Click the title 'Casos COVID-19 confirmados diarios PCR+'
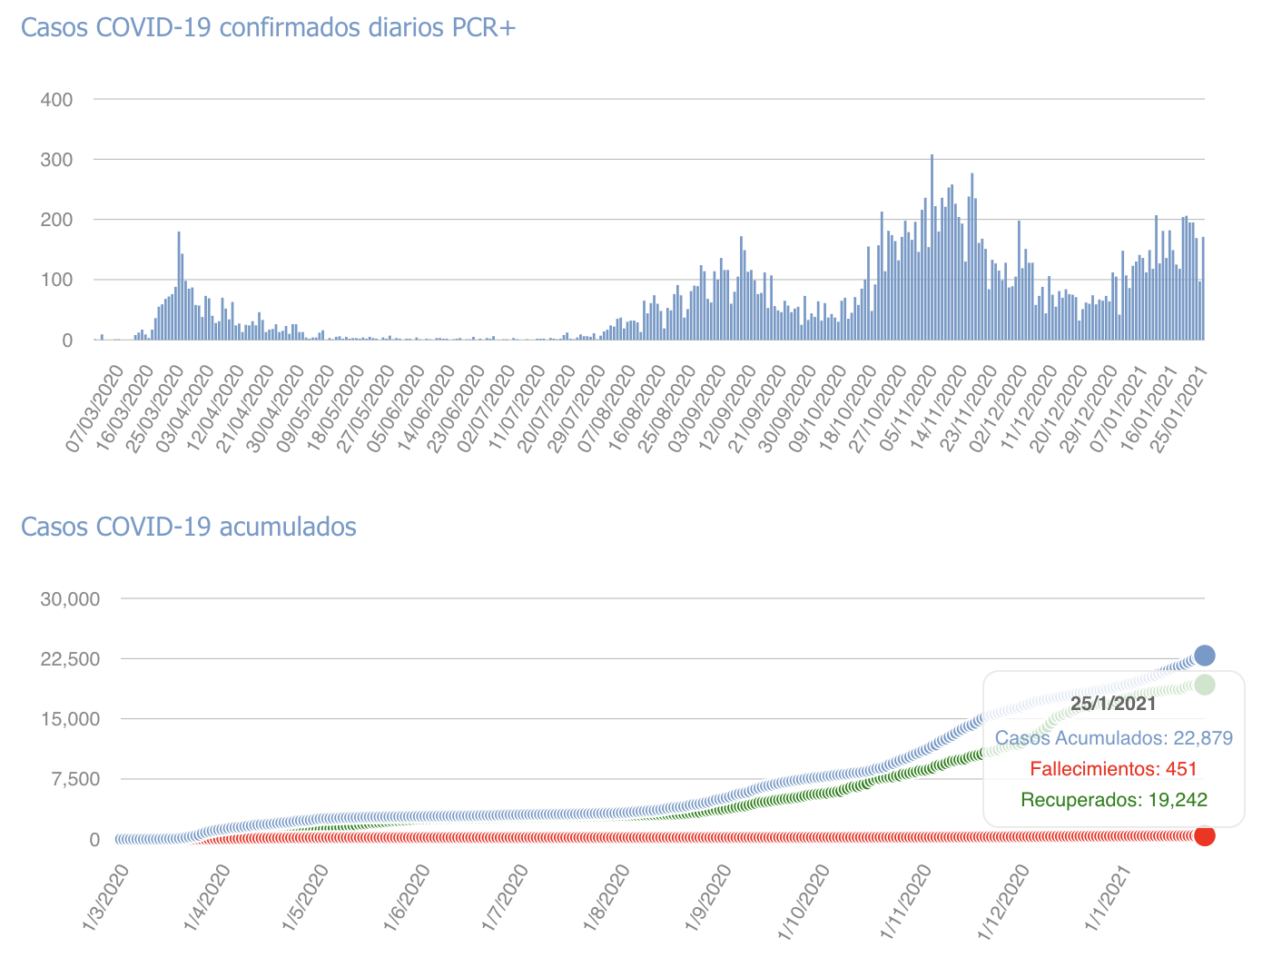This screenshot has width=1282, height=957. click(268, 27)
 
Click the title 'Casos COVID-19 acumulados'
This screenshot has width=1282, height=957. click(188, 527)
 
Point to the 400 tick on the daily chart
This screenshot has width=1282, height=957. click(57, 99)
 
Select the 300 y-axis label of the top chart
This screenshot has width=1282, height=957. click(57, 160)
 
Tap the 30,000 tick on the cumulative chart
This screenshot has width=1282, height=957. click(70, 598)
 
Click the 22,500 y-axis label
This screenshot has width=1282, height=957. click(70, 658)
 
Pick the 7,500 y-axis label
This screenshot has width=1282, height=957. click(74, 779)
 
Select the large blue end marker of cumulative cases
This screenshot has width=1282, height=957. click(1204, 656)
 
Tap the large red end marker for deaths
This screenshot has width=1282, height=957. click(1204, 835)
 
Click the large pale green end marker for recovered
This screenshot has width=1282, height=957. click(1204, 685)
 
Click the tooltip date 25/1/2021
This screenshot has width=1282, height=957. click(1113, 704)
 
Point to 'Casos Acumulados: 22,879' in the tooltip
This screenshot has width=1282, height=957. click(1113, 738)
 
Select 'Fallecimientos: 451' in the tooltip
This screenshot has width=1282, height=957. click(1113, 769)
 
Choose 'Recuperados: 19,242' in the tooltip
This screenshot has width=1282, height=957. click(1113, 800)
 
